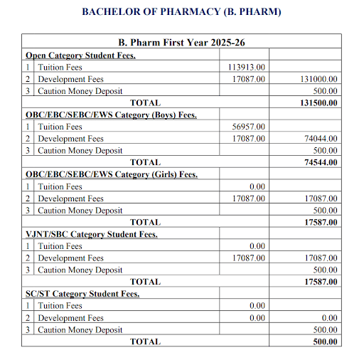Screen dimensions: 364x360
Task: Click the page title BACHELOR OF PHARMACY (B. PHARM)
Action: coord(181,12)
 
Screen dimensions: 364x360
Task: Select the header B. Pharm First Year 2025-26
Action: coord(181,43)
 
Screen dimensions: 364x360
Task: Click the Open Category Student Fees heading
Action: coord(80,55)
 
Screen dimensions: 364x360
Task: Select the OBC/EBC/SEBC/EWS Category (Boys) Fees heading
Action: coord(111,115)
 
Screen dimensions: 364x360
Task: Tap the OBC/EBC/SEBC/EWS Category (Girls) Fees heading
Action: coord(111,174)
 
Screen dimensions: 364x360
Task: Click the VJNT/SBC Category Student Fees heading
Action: coord(91,234)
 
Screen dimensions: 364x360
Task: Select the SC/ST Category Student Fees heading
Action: coord(82,294)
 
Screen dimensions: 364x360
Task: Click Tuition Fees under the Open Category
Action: coord(60,67)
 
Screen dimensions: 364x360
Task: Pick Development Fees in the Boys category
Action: coord(70,139)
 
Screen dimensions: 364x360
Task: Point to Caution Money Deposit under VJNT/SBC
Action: coord(80,270)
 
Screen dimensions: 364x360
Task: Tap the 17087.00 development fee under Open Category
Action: coord(249,79)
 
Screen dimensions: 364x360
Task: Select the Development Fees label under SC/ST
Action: coord(70,318)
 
